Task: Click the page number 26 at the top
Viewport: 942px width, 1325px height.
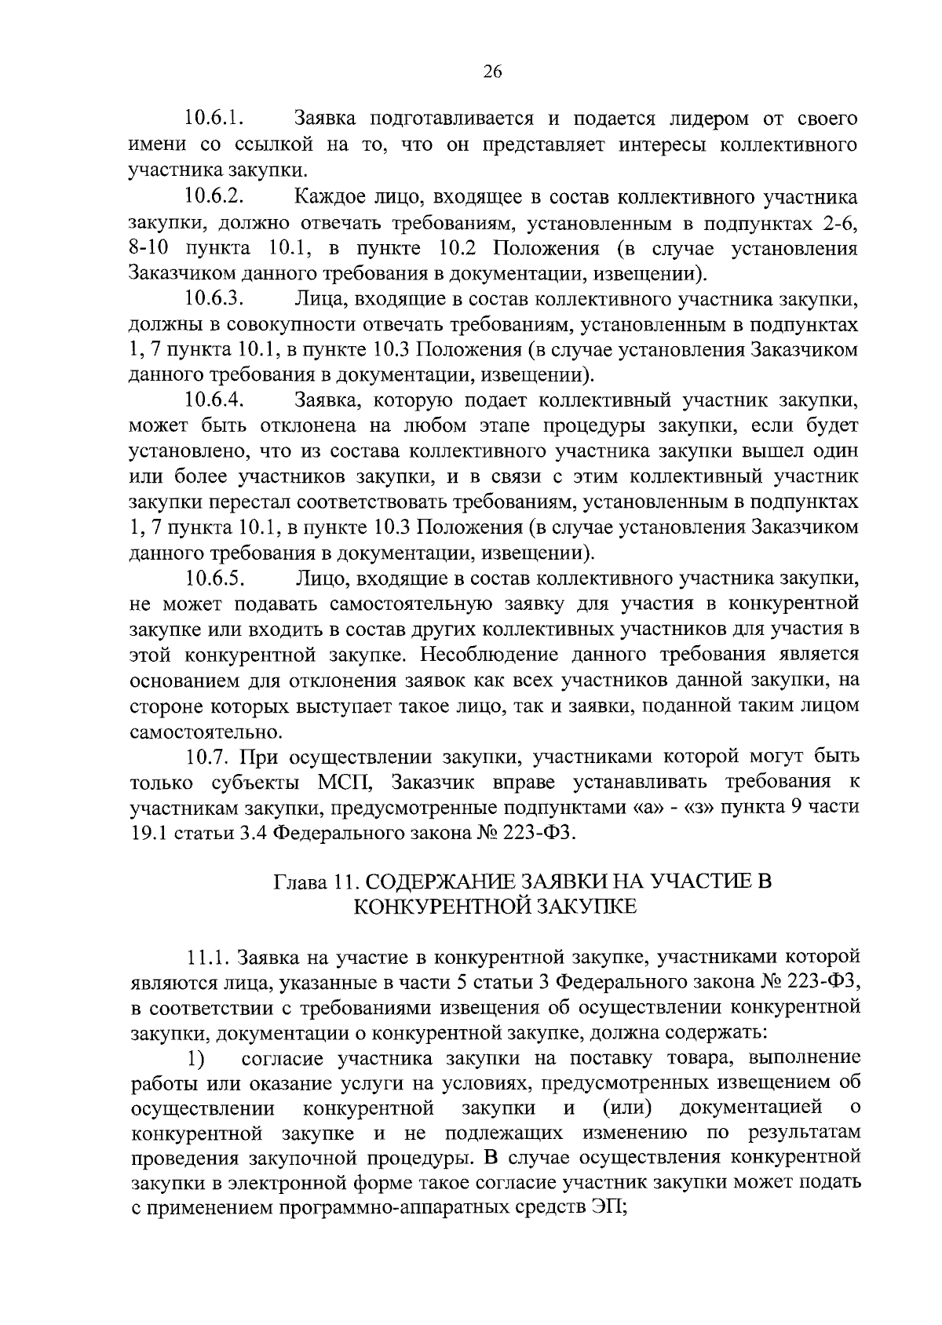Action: pos(492,71)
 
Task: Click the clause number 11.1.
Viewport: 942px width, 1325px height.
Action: pos(209,957)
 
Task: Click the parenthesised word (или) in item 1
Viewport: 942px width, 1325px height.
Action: pos(628,1108)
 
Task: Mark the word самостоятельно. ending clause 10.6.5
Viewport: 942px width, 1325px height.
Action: pos(206,732)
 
